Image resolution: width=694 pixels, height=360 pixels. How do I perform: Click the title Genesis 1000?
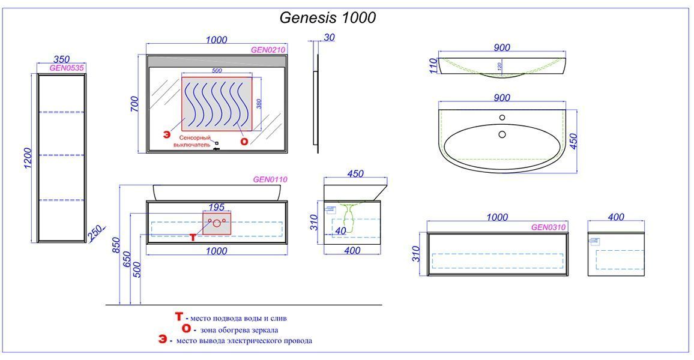(x=328, y=17)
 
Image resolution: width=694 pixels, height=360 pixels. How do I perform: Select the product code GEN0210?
(x=268, y=50)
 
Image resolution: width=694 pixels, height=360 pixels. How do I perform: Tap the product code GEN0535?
(x=67, y=68)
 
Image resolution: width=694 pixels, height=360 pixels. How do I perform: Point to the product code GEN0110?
(x=270, y=179)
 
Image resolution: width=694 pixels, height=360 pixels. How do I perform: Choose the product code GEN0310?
(x=548, y=227)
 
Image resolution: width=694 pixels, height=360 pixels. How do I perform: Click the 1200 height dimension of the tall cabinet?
(x=28, y=158)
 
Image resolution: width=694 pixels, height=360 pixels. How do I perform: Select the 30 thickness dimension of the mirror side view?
(x=330, y=38)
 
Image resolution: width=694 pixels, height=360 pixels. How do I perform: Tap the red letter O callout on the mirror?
(x=244, y=141)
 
